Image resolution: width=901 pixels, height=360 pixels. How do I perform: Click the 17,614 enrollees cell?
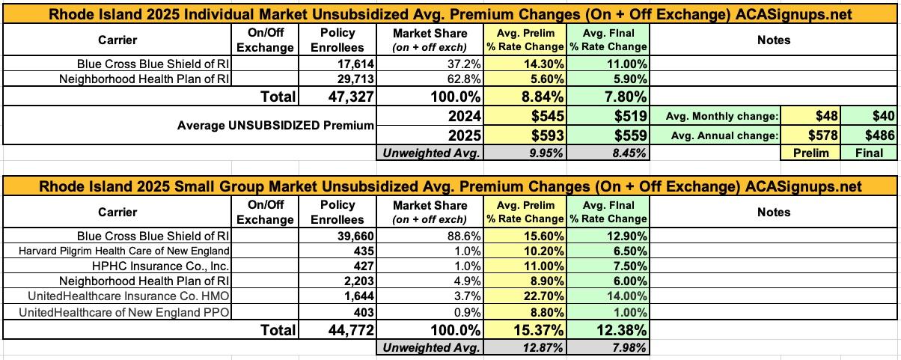click(x=353, y=65)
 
